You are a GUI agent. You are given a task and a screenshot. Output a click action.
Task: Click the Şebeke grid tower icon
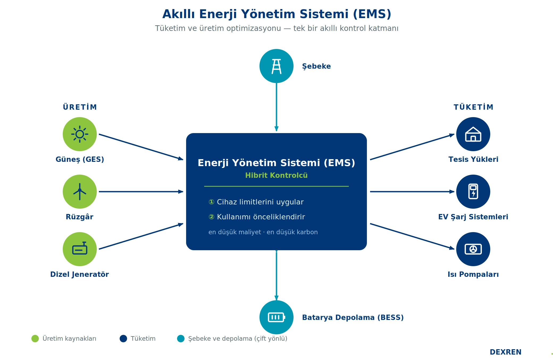click(x=276, y=66)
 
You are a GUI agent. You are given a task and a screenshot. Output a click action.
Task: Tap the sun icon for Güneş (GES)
click(x=80, y=134)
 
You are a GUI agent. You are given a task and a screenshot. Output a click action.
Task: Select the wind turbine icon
click(x=80, y=192)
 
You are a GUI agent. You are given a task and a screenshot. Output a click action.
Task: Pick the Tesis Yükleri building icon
click(x=473, y=134)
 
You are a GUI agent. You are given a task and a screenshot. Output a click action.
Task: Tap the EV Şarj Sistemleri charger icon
click(x=473, y=192)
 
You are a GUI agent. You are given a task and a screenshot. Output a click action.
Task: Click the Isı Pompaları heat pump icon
click(x=473, y=249)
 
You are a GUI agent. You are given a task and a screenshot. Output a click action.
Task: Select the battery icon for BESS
click(x=276, y=317)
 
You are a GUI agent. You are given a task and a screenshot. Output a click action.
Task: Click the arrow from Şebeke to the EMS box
click(x=276, y=107)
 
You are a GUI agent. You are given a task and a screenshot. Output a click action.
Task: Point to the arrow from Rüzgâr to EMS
click(x=141, y=192)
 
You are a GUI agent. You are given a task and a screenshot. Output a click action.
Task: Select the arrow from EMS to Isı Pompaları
click(x=412, y=236)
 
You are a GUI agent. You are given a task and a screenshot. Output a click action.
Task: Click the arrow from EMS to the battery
click(x=276, y=275)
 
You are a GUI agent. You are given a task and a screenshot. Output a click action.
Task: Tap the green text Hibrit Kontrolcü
click(x=276, y=175)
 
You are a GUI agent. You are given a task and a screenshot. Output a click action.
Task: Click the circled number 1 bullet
click(x=211, y=202)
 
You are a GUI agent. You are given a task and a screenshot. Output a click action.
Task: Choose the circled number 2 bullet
click(x=211, y=217)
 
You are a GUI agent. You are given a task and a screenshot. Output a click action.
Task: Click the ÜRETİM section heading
click(x=80, y=107)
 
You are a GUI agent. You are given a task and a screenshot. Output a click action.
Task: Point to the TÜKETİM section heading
click(x=473, y=107)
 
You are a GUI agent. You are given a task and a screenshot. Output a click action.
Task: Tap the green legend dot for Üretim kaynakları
click(x=35, y=339)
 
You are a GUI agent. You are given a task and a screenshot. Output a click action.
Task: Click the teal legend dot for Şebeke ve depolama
click(x=181, y=339)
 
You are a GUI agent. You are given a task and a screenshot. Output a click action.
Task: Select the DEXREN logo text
click(x=505, y=352)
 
